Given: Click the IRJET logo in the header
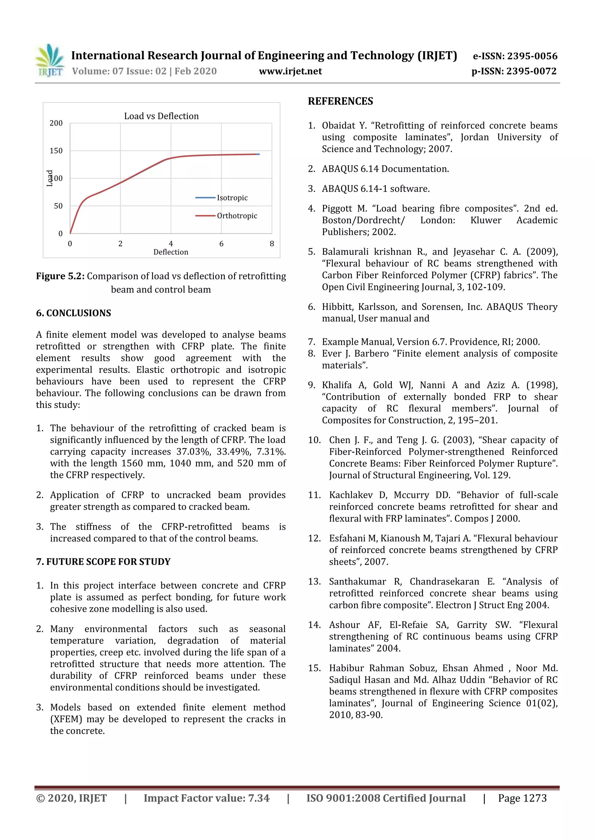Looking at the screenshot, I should [x=50, y=61].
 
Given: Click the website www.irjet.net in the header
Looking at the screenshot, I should [x=290, y=71].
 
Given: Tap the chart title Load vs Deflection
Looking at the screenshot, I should [x=161, y=116].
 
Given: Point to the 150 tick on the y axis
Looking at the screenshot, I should [x=56, y=151].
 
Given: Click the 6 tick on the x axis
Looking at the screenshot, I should [x=221, y=244].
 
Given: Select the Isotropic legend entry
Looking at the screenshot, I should [x=232, y=198].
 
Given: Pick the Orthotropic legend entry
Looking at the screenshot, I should [x=236, y=216].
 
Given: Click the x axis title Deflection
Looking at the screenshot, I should [x=171, y=252].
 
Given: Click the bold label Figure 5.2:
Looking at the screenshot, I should [x=60, y=276].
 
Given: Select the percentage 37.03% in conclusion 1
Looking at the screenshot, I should [x=193, y=452].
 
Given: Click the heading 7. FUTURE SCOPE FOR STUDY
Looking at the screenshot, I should [x=103, y=562].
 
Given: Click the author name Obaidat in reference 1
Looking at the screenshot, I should [x=338, y=126].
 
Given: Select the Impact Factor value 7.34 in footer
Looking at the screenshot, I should [x=258, y=798].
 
